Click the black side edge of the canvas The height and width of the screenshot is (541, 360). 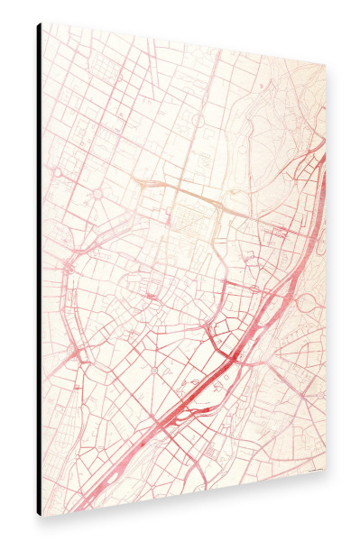click(x=39, y=270)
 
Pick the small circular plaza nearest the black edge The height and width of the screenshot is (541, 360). click(x=56, y=171)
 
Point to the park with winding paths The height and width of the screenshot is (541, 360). click(x=280, y=117)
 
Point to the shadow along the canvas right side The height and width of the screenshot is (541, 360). click(x=330, y=270)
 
